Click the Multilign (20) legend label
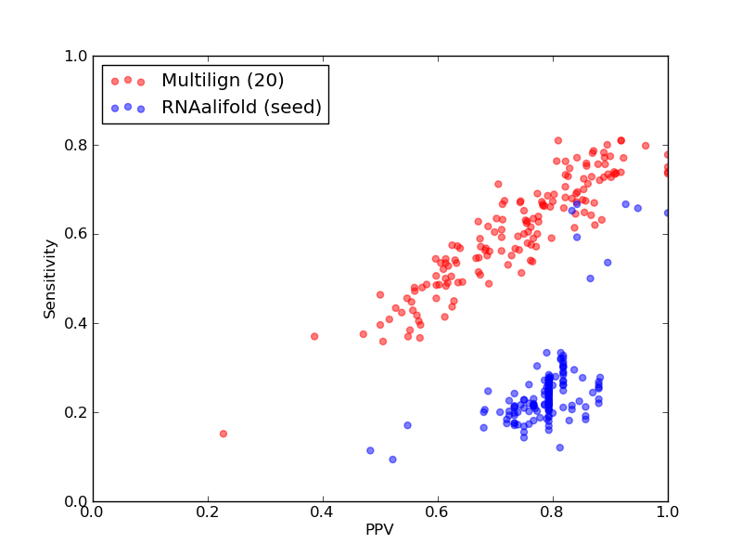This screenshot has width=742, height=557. tap(223, 80)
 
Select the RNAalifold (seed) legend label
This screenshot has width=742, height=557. tap(241, 107)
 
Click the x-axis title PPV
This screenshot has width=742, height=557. tap(379, 529)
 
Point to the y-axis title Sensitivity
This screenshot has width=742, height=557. tap(50, 278)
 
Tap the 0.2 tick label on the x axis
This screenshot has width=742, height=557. tap(208, 512)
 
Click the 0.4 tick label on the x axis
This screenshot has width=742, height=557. tap(323, 512)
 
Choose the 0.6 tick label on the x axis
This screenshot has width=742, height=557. tap(438, 512)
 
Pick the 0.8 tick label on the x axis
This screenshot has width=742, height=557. tap(553, 512)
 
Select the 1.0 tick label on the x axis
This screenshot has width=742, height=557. tap(668, 512)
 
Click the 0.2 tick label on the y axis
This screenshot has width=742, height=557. tap(76, 412)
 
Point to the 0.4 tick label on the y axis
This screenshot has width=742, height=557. tap(76, 323)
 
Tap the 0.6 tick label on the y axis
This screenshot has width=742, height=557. tap(76, 235)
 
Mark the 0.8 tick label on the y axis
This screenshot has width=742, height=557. tap(76, 145)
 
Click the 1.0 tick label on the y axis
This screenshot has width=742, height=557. tap(76, 56)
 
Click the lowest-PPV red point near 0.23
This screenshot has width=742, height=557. tap(224, 434)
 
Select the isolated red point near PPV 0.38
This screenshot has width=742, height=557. tap(314, 336)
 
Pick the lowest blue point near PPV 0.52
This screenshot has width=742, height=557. tap(392, 460)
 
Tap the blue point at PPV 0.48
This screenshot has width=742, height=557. tap(370, 450)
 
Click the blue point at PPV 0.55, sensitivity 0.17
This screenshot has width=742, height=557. tap(407, 425)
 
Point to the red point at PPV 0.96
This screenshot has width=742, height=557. tap(646, 146)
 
